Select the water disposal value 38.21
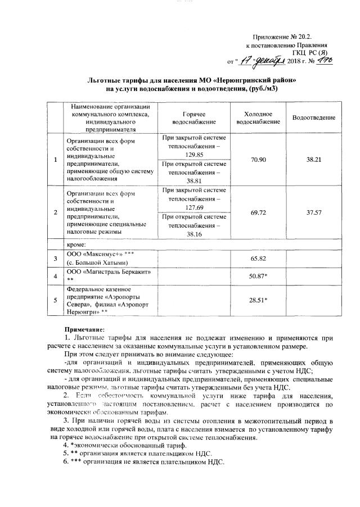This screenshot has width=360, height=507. coord(313,160)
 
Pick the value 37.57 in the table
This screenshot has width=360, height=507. coord(313,212)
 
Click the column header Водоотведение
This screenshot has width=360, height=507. coord(313,117)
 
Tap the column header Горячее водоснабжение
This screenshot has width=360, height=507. coord(194,117)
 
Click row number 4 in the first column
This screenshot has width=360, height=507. coord(55,277)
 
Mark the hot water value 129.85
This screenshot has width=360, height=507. coord(193,153)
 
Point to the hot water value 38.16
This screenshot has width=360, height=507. coord(193,234)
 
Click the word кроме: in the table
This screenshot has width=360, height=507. coord(76,245)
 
